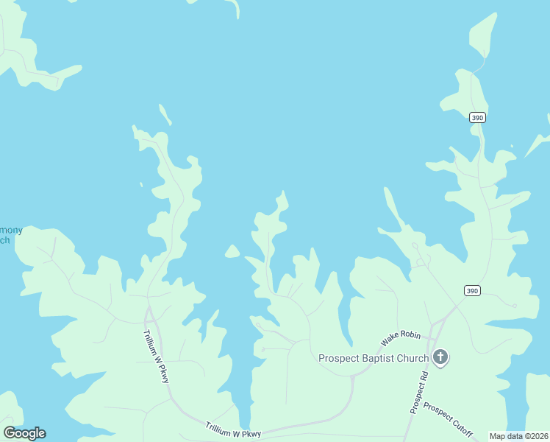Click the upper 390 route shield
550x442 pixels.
(477, 117)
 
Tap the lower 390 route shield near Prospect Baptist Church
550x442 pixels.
(473, 291)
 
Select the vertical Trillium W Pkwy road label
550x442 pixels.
(157, 356)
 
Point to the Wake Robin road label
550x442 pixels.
(401, 339)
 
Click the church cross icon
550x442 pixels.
(440, 358)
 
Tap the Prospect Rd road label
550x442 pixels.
(418, 391)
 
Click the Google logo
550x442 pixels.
(24, 432)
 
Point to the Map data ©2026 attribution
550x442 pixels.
(518, 436)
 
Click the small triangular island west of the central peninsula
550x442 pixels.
(232, 252)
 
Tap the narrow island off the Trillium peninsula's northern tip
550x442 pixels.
(165, 114)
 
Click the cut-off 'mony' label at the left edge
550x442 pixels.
(11, 230)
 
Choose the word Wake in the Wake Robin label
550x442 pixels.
(390, 343)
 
